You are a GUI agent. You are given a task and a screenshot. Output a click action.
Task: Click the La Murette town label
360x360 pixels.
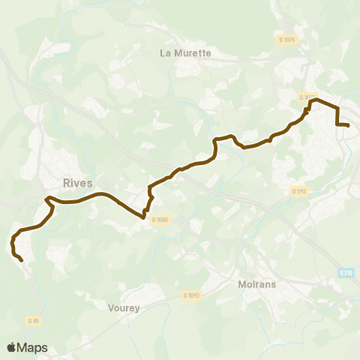[x=187, y=53]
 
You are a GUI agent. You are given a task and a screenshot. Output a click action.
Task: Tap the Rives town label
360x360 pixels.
[x=78, y=182]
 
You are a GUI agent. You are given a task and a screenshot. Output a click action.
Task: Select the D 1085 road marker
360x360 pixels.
[x=160, y=219]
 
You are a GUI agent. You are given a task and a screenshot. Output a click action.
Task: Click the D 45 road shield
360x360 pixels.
[x=34, y=321]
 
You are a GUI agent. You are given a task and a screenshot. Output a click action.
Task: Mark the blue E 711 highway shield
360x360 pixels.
[x=346, y=272]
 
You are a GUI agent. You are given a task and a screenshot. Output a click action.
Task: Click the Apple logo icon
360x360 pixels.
[x=12, y=347]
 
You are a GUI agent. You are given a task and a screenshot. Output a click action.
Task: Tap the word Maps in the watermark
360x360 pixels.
[x=33, y=347]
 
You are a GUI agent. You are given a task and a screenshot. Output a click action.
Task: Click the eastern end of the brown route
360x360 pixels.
[x=349, y=125]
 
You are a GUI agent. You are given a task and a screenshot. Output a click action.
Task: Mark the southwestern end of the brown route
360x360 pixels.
[x=22, y=260]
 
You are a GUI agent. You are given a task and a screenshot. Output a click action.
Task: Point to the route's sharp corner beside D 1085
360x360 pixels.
[x=142, y=217]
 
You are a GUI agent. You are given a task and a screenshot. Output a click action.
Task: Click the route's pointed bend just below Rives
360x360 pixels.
[x=47, y=199]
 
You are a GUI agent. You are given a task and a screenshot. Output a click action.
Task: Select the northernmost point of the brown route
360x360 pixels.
[x=315, y=99]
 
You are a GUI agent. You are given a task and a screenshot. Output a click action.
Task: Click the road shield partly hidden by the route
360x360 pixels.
[x=304, y=97]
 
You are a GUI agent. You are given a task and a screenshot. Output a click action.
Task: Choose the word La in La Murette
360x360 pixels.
[x=166, y=53]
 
